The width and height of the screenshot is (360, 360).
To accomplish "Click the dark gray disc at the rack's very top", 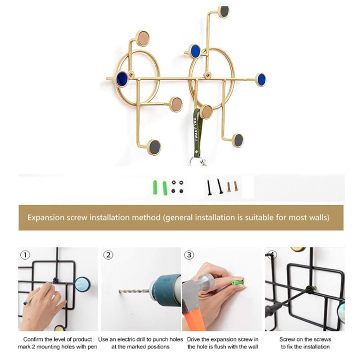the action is point(224,12).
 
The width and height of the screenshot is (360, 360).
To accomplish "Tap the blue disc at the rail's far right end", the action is point(261,80).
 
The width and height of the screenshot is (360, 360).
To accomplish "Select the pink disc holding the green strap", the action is point(207,112).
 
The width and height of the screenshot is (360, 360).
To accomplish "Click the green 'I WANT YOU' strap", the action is point(197,133).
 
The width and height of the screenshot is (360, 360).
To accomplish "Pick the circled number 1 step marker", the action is point(25,255).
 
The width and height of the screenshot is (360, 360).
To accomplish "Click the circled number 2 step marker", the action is point(108,255).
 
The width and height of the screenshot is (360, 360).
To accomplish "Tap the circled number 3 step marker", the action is point(189,255).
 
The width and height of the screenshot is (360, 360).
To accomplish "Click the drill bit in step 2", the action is point(134,291).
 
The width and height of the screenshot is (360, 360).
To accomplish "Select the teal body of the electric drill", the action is point(166,290).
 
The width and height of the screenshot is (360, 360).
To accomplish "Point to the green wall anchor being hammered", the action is point(238,283).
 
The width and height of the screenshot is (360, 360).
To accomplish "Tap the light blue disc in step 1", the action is point(82,284).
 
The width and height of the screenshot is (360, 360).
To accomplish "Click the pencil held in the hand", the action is point(29,300).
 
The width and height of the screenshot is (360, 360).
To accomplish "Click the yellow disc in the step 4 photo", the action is point(298,249).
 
